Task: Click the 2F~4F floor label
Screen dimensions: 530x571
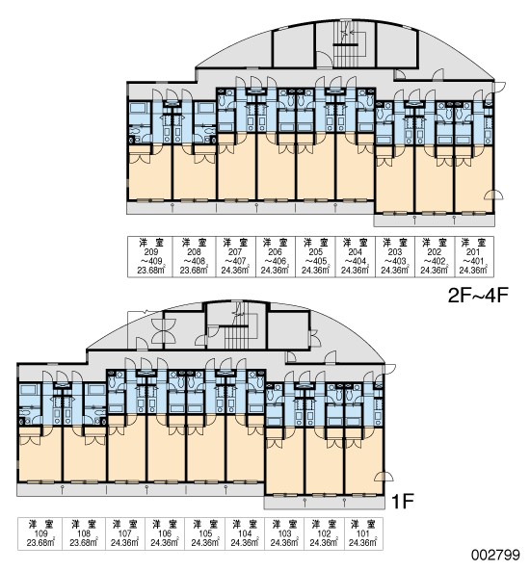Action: [478, 296]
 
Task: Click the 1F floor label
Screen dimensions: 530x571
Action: [403, 501]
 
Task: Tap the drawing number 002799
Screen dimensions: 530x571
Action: [495, 555]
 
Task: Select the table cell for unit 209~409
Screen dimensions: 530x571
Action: [149, 257]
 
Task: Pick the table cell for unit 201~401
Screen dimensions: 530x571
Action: [474, 257]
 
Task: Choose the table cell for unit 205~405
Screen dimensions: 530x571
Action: [315, 257]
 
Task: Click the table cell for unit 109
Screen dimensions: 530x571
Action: [40, 533]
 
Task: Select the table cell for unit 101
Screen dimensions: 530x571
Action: [363, 533]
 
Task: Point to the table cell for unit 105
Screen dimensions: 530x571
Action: [205, 533]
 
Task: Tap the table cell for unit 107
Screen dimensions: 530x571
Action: [125, 533]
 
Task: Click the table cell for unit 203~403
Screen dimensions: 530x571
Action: [395, 257]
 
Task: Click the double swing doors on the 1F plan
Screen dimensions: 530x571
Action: [164, 331]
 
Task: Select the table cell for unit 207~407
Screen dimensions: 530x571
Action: [236, 257]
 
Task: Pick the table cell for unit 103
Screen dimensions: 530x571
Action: [284, 533]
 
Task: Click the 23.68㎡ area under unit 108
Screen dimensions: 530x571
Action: [84, 543]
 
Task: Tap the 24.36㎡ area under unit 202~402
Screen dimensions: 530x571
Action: [435, 270]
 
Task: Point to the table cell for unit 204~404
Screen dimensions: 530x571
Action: [355, 257]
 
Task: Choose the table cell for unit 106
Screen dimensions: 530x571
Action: [165, 533]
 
